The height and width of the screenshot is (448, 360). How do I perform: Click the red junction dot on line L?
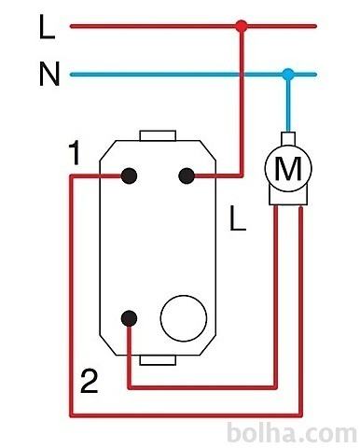[242, 26]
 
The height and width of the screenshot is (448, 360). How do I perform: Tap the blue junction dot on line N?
[288, 75]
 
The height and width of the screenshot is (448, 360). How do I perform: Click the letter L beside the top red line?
[47, 27]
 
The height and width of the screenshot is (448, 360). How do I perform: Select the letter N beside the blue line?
[49, 74]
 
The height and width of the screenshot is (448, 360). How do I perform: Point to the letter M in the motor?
[288, 168]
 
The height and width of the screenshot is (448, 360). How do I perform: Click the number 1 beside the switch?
[74, 152]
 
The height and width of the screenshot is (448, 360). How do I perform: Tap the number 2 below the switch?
[90, 381]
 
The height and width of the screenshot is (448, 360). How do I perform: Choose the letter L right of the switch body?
[238, 218]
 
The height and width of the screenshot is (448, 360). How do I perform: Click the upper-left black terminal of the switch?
[129, 175]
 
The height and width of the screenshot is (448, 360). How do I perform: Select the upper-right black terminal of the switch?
[187, 175]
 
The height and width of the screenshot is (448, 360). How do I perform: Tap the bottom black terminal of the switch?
[129, 318]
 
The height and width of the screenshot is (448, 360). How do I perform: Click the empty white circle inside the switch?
[184, 318]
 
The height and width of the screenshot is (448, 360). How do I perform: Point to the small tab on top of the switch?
[158, 135]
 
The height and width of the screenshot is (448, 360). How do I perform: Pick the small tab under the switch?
[158, 360]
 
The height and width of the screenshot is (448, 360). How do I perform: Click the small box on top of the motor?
[288, 138]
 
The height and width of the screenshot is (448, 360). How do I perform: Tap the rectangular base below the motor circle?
[288, 197]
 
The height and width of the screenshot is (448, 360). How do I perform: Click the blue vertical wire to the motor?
[288, 103]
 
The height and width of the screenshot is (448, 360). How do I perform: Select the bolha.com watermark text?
[292, 433]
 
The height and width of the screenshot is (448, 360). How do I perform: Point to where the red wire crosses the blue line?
[242, 75]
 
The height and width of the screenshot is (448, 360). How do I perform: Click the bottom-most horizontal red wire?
[186, 414]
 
